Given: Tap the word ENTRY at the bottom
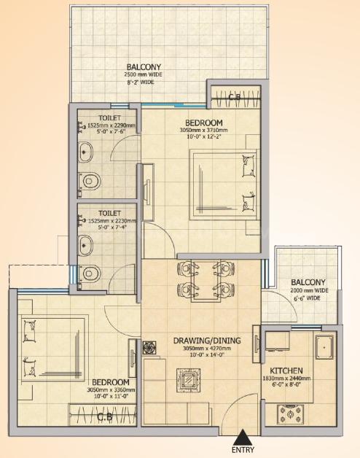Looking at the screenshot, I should click(x=243, y=450).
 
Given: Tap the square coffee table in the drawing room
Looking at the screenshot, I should click(x=187, y=379).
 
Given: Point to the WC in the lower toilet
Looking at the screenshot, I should click(x=90, y=273).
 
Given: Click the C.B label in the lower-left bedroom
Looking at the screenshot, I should click(x=105, y=417).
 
